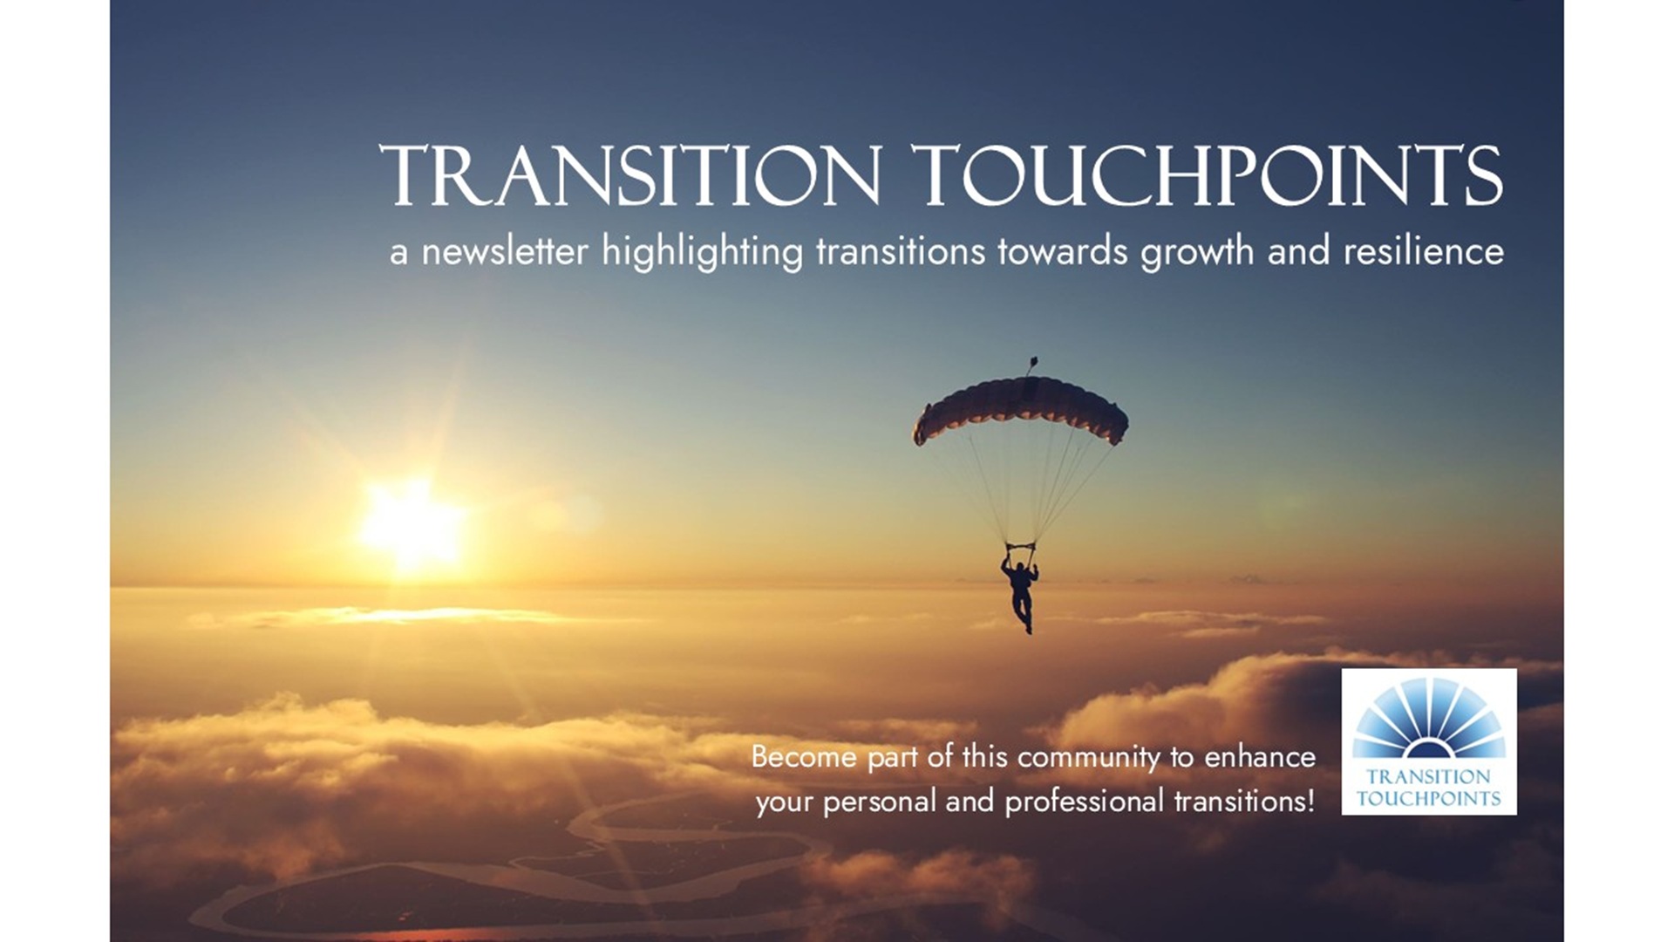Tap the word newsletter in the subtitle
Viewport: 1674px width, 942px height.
click(505, 251)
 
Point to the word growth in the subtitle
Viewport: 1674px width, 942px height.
click(1197, 253)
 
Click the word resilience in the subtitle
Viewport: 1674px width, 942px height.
click(1424, 251)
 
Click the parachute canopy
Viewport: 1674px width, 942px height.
click(1020, 409)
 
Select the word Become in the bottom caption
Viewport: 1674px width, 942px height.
click(804, 756)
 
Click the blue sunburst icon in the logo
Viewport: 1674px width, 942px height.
click(1429, 718)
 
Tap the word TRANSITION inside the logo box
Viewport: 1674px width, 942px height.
click(1429, 776)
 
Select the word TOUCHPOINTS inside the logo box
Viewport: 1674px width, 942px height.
click(1429, 798)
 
